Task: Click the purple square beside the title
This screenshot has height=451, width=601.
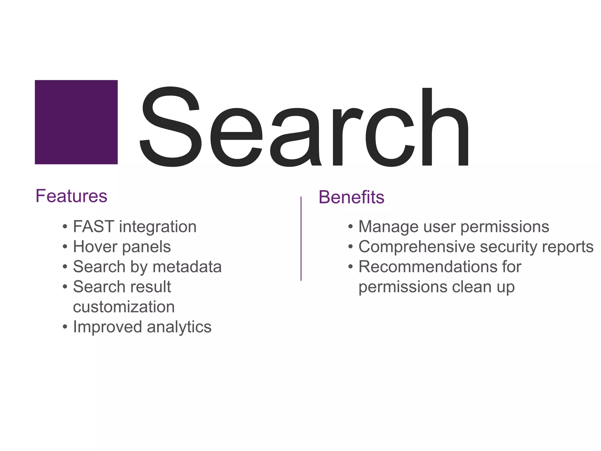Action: pyautogui.click(x=76, y=122)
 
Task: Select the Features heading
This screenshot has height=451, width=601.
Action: pyautogui.click(x=71, y=196)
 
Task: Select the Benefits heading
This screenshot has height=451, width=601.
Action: pyautogui.click(x=351, y=197)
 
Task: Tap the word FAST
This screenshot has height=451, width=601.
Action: pyautogui.click(x=93, y=227)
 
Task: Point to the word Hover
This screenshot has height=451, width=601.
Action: pyautogui.click(x=95, y=247)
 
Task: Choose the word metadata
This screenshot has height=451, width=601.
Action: pyautogui.click(x=187, y=267)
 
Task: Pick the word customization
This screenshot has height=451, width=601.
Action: pyautogui.click(x=124, y=307)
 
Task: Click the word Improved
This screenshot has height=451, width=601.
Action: pyautogui.click(x=107, y=327)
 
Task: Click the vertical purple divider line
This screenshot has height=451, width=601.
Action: pyautogui.click(x=301, y=238)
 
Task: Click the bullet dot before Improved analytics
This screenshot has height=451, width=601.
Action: pyautogui.click(x=65, y=327)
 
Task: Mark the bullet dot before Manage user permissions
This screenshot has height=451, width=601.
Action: pyautogui.click(x=350, y=227)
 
